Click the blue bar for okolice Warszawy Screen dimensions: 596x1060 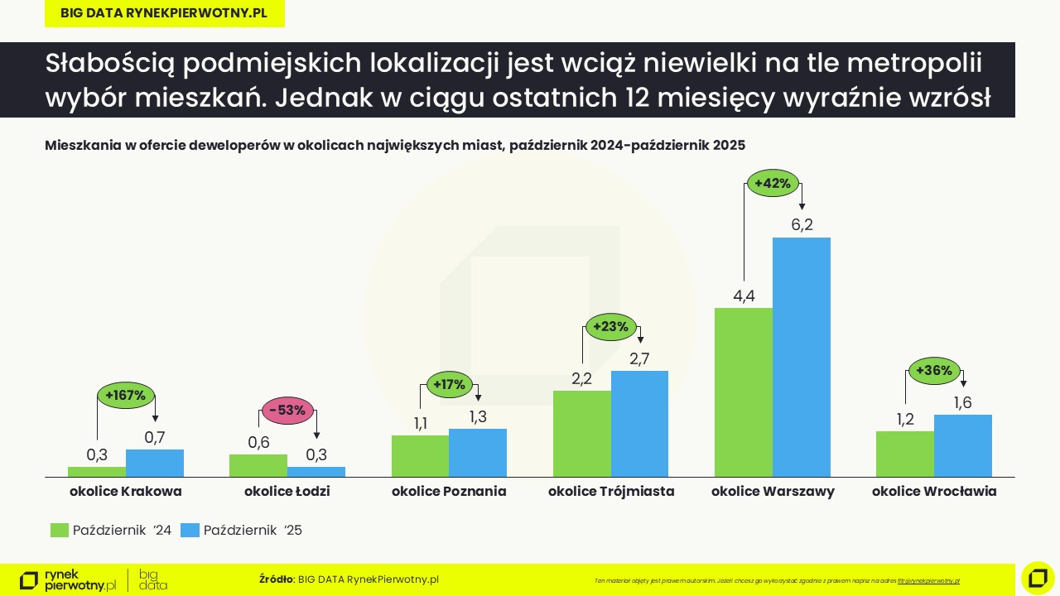pyautogui.click(x=801, y=357)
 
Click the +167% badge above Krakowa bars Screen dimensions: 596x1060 pyautogui.click(x=125, y=395)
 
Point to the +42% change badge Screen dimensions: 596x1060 pyautogui.click(x=773, y=183)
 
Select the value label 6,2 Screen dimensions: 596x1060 pyautogui.click(x=802, y=224)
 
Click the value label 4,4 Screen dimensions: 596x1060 pyautogui.click(x=744, y=296)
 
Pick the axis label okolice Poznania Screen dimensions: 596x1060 pyautogui.click(x=449, y=491)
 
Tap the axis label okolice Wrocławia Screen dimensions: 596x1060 pyautogui.click(x=933, y=491)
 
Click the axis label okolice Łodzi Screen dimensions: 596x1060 pyautogui.click(x=287, y=491)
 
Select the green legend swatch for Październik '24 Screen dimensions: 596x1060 pyautogui.click(x=60, y=531)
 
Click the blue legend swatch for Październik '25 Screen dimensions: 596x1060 pyautogui.click(x=190, y=531)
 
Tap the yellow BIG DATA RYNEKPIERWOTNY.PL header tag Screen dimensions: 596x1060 pyautogui.click(x=164, y=14)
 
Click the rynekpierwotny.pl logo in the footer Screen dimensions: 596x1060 pyautogui.click(x=68, y=580)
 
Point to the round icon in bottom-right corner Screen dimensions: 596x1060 pyautogui.click(x=1038, y=578)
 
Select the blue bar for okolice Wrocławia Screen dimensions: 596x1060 pyautogui.click(x=962, y=445)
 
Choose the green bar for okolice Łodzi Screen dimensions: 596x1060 pyautogui.click(x=258, y=465)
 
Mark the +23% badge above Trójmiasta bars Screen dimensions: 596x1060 pyautogui.click(x=611, y=326)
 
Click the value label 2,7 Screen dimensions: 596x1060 pyautogui.click(x=639, y=358)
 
